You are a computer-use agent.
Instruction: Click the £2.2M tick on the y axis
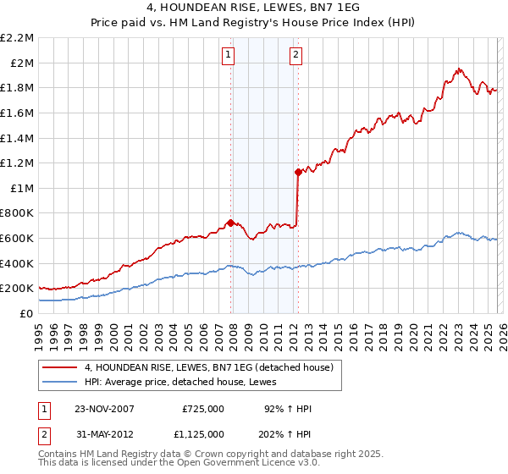tap(17, 38)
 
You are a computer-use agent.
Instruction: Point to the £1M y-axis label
tap(20, 188)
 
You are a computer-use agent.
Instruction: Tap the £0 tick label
tap(27, 313)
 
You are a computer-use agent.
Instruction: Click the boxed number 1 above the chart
tap(229, 56)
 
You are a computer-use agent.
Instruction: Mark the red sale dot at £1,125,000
tap(298, 172)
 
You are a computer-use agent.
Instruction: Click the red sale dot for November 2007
tap(230, 223)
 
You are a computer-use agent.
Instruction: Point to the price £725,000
tap(203, 409)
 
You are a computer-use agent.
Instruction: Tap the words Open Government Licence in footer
tap(208, 465)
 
